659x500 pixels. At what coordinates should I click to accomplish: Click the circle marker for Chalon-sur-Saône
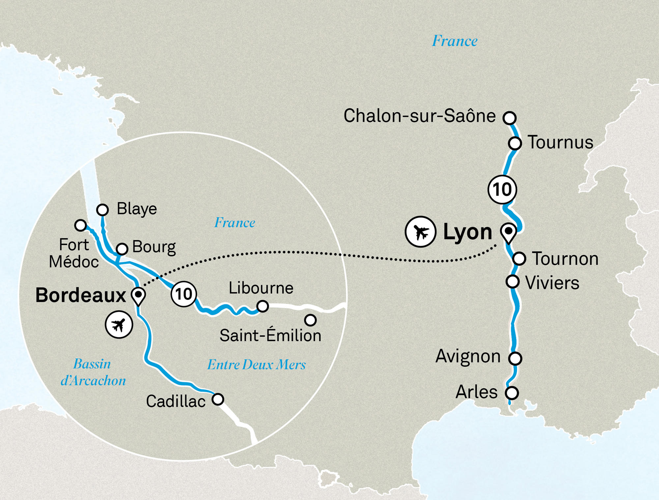pos(510,118)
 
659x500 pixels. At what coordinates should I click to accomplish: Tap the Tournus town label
pos(560,142)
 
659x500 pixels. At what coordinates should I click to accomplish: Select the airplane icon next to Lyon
pos(421,232)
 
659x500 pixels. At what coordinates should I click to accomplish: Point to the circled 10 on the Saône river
pos(502,190)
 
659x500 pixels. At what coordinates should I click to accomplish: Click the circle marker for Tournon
pos(519,259)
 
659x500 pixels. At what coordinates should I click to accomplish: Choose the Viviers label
pos(552,283)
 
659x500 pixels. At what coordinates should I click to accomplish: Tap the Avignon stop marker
pos(515,358)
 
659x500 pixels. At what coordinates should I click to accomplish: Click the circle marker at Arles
pos(512,393)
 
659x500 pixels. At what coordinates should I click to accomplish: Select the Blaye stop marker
pos(102,209)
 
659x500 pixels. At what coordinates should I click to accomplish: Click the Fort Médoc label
pos(74,253)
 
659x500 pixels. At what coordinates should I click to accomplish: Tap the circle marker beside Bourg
pos(122,249)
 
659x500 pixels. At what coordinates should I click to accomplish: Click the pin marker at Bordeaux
pos(138,296)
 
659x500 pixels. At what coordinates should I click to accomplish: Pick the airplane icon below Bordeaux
pos(119,325)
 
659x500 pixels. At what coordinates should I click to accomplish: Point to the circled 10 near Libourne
pos(184,294)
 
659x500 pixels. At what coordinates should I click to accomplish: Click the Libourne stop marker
pos(262,306)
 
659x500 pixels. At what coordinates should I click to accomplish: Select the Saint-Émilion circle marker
pos(310,320)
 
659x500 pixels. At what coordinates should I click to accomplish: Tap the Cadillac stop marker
pos(218,399)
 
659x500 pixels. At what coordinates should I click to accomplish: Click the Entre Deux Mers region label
pos(256,365)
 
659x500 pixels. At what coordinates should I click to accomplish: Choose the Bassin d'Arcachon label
pos(93,372)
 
